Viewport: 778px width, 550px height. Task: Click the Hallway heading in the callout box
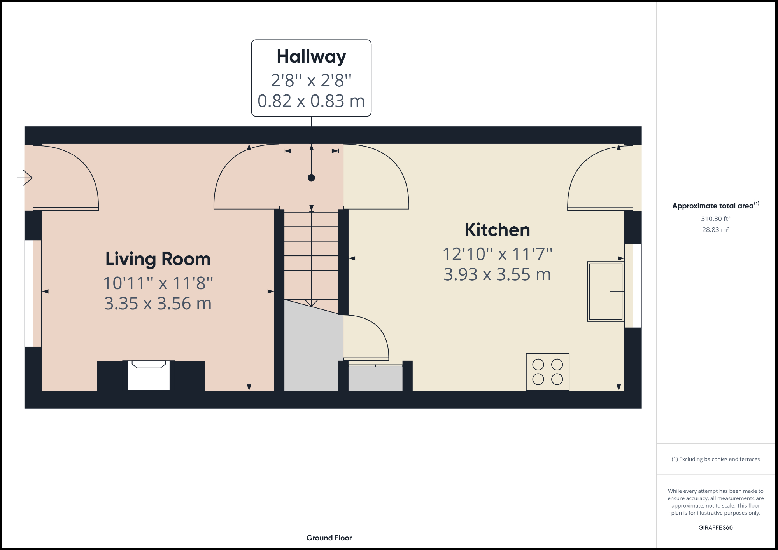coord(311,57)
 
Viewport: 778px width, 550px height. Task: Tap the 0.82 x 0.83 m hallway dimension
coord(311,101)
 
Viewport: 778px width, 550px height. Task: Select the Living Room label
coord(158,259)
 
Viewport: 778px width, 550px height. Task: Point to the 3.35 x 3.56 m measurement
coord(158,304)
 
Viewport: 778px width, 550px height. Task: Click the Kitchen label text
coord(497,230)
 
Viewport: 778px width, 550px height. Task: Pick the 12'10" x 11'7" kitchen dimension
coord(497,254)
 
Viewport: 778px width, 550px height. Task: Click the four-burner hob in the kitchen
coord(547,372)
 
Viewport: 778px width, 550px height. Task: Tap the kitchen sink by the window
coord(605,292)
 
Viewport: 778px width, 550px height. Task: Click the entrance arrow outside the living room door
coord(25,178)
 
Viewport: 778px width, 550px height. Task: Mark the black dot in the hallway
coord(311,178)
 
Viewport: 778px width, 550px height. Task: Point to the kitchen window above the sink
coord(633,286)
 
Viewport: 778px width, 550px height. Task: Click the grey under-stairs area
coord(311,350)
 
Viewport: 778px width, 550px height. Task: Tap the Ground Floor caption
coord(329,538)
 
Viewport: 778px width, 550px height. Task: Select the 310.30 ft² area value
coord(715,219)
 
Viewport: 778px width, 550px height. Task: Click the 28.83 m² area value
coord(715,230)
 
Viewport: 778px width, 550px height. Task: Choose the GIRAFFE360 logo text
coord(715,527)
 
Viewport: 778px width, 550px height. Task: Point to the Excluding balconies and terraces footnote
coord(715,459)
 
